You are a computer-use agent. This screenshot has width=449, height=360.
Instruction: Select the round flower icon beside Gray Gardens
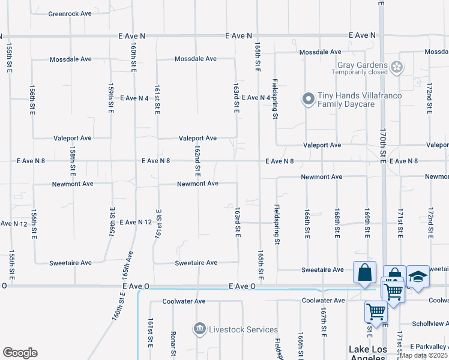coord(396,67)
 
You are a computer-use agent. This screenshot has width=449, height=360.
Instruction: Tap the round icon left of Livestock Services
coord(199,329)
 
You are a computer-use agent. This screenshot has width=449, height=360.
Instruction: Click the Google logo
coord(20,353)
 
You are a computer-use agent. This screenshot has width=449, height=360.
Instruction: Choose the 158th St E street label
coord(72,158)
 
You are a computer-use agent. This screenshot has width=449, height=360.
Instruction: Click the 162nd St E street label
coord(197,160)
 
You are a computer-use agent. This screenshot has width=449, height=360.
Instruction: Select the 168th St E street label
coord(337,223)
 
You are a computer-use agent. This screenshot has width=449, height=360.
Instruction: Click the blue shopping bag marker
coord(364,274)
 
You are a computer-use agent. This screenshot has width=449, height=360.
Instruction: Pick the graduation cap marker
coord(418,277)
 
